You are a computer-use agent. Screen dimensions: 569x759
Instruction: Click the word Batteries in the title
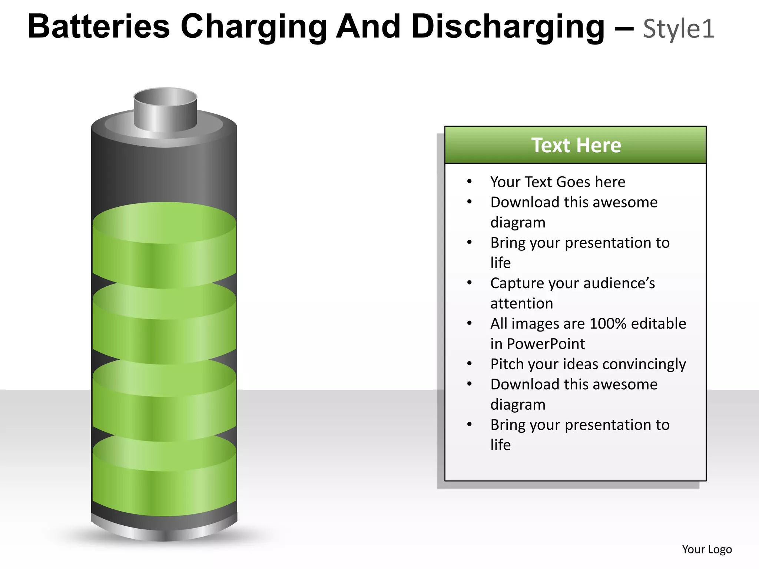point(99,27)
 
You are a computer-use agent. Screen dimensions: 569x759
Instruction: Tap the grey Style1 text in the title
point(679,29)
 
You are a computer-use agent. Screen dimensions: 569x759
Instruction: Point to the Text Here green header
point(576,145)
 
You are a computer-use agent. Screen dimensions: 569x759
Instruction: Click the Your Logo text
point(707,549)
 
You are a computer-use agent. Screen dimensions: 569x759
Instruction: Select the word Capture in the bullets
point(517,283)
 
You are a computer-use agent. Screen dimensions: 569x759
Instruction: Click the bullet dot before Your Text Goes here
point(469,182)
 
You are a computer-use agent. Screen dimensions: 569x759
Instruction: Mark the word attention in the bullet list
point(521,303)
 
